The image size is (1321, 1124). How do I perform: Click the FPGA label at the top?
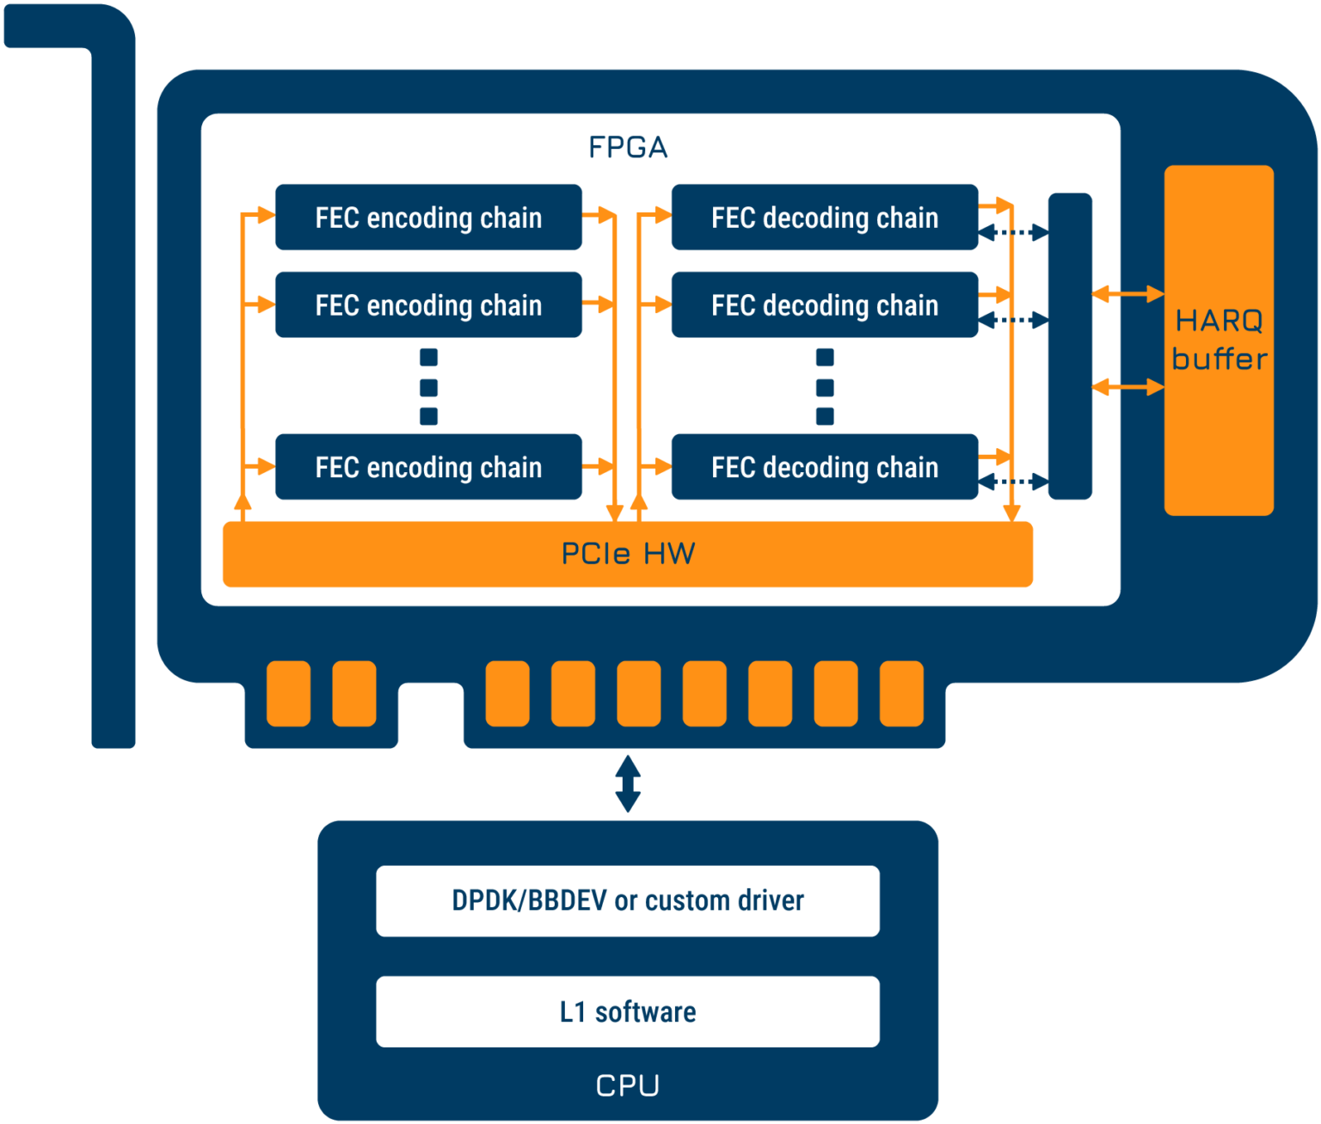coord(628,148)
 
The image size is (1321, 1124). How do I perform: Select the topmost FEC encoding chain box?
coord(428,218)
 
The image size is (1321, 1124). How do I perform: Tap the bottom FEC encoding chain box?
coord(428,467)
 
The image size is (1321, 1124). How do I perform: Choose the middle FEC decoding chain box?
coord(825,304)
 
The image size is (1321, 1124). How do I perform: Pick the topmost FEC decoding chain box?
coord(825,218)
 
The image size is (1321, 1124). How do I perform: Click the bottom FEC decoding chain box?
coord(825,467)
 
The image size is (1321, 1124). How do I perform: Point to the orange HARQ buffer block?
coord(1219,341)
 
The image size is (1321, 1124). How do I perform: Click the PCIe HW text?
coord(628,554)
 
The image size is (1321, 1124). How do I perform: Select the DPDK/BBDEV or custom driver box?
coord(628,901)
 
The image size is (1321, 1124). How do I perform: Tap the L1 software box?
coord(628,1011)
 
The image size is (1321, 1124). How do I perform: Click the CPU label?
coord(628,1085)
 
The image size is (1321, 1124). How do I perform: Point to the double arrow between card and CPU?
coord(628,784)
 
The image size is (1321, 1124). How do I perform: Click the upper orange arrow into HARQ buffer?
coord(1128,294)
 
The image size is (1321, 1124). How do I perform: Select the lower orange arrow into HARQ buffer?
coord(1128,387)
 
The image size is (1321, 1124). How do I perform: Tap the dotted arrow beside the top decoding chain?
coord(1014,232)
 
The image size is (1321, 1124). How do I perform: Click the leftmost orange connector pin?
coord(288,693)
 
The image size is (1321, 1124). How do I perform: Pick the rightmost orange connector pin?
coord(901,693)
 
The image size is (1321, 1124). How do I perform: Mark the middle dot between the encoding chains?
coord(428,387)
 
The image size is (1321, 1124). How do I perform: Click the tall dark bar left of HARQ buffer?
coord(1070,347)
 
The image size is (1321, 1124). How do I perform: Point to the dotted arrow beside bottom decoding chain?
coord(1014,482)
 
